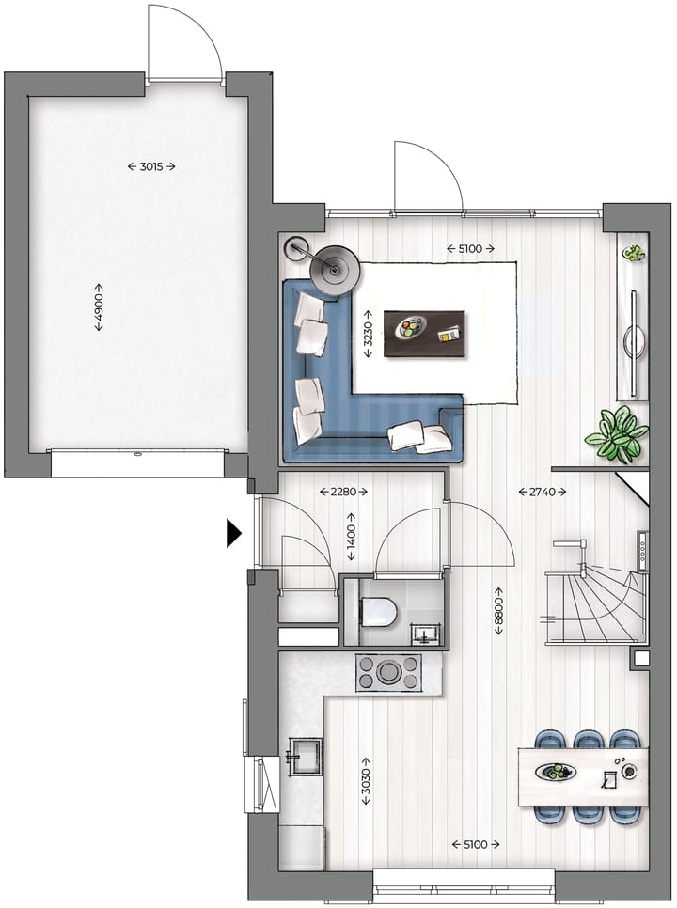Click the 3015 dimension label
pos(151,166)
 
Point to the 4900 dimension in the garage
pos(99,306)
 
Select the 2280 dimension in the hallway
pos(342,491)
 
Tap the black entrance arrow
pos(233,533)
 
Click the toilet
pos(378,614)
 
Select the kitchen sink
pos(304,757)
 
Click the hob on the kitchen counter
pos(387,672)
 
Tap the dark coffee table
pos(425,333)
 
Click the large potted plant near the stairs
pos(616,435)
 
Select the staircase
pos(594,606)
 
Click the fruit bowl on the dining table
pos(557,772)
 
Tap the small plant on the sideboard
pos(634,253)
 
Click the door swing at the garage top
pos(184,42)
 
